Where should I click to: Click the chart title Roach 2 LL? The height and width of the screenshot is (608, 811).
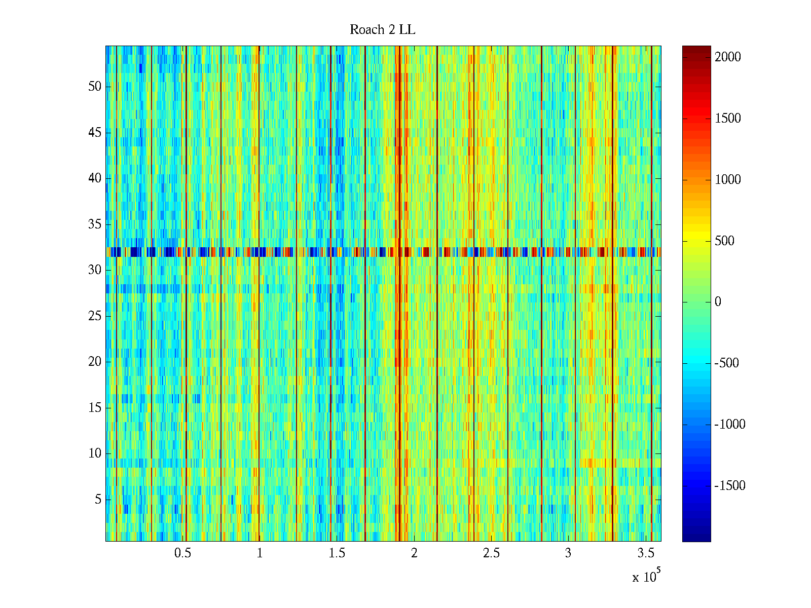pyautogui.click(x=382, y=30)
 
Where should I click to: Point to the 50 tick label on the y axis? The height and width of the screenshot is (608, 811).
pyautogui.click(x=95, y=87)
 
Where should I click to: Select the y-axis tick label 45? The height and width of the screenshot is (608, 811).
pyautogui.click(x=95, y=133)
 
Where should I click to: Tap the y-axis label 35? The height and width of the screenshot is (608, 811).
pyautogui.click(x=95, y=224)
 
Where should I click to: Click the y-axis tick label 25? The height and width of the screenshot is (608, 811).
pyautogui.click(x=95, y=316)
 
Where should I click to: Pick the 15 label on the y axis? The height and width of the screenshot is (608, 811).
pyautogui.click(x=95, y=408)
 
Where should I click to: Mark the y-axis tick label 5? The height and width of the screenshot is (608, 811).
pyautogui.click(x=98, y=500)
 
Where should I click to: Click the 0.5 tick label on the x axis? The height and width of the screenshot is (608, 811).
pyautogui.click(x=182, y=553)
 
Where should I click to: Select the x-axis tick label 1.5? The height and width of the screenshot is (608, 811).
pyautogui.click(x=337, y=553)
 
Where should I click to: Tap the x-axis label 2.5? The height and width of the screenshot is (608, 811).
pyautogui.click(x=491, y=553)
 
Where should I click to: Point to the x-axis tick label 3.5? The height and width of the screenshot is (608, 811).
pyautogui.click(x=646, y=553)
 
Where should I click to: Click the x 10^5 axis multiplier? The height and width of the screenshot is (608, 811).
pyautogui.click(x=646, y=576)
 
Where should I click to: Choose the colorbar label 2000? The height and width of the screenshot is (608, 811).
pyautogui.click(x=728, y=57)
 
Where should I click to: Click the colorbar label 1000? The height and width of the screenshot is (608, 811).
pyautogui.click(x=728, y=180)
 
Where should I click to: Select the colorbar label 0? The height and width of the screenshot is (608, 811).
pyautogui.click(x=718, y=302)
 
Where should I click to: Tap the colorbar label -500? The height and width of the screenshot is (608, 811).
pyautogui.click(x=726, y=363)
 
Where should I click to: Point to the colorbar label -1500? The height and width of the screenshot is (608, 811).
pyautogui.click(x=730, y=486)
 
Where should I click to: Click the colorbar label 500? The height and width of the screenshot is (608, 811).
pyautogui.click(x=724, y=241)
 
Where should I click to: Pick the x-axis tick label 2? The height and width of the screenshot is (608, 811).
pyautogui.click(x=414, y=553)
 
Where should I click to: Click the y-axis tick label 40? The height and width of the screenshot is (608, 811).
pyautogui.click(x=95, y=178)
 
